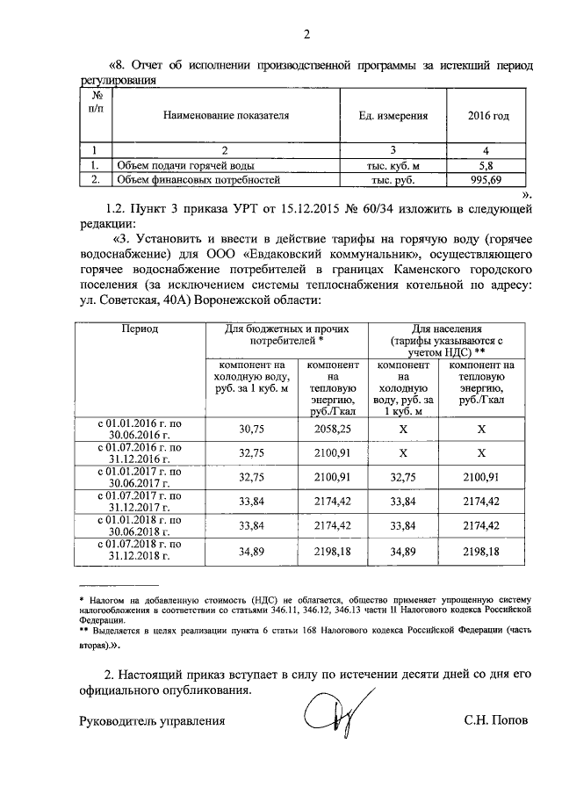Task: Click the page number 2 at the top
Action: coord(306,35)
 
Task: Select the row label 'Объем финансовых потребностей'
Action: coord(198,181)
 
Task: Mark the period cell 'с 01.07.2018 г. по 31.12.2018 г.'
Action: coord(140,551)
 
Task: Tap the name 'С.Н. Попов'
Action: coord(496,721)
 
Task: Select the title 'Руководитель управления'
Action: coord(148,721)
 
